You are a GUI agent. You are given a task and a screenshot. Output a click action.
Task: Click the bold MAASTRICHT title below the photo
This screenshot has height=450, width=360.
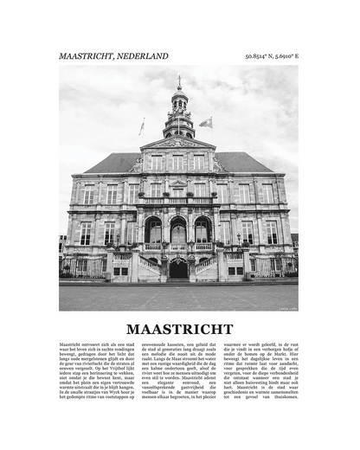click(x=179, y=329)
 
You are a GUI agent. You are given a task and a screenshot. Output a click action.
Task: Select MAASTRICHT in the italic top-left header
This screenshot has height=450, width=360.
click(x=85, y=56)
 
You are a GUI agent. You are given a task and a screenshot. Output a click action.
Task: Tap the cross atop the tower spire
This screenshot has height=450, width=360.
click(x=179, y=79)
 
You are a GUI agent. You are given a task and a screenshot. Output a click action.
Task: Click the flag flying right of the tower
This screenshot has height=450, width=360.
click(x=206, y=123)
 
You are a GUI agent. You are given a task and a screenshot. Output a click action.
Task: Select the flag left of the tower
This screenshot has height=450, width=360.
click(x=142, y=126)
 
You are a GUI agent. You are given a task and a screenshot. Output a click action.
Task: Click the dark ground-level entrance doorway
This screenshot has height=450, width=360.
click(x=178, y=270)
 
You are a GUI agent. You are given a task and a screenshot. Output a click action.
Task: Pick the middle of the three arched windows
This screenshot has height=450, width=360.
click(x=178, y=231)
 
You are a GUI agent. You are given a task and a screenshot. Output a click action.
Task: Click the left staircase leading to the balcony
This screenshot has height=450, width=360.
click(x=151, y=264)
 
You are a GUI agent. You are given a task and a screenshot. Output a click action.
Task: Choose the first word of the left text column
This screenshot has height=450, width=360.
click(x=73, y=344)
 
